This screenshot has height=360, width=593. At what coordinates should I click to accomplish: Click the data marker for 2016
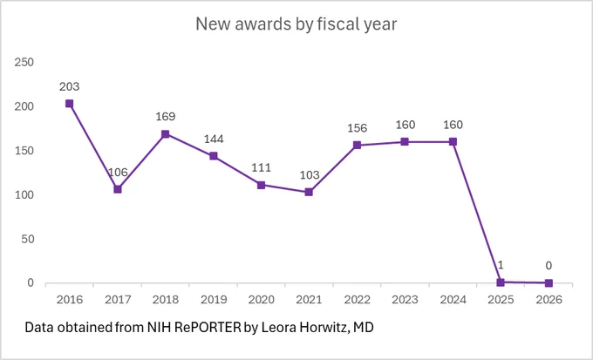pyautogui.click(x=69, y=104)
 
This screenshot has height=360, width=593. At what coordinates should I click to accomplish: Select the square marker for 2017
pyautogui.click(x=118, y=189)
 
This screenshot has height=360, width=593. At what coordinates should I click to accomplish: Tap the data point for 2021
pyautogui.click(x=309, y=192)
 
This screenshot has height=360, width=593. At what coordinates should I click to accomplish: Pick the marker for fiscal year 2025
pyautogui.click(x=501, y=282)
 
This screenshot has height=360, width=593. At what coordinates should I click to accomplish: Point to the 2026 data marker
pyautogui.click(x=549, y=282)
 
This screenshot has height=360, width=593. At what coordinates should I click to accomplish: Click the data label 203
pyautogui.click(x=70, y=86)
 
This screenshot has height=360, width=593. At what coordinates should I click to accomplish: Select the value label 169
pyautogui.click(x=166, y=117)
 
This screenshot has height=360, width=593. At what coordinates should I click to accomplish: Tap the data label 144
pyautogui.click(x=214, y=139)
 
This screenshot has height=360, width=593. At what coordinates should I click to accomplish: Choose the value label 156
pyautogui.click(x=358, y=128)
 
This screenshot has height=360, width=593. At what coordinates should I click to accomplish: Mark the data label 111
pyautogui.click(x=262, y=167)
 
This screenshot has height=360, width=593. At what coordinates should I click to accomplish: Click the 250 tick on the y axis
pyautogui.click(x=24, y=62)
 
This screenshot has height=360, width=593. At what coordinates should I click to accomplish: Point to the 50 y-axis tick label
pyautogui.click(x=28, y=239)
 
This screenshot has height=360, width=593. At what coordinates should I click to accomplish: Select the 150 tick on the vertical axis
pyautogui.click(x=24, y=151)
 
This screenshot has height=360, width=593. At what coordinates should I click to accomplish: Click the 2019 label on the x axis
pyautogui.click(x=214, y=300)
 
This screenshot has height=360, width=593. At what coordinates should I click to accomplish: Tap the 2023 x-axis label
pyautogui.click(x=405, y=300)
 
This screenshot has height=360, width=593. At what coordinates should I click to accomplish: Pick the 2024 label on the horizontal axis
pyautogui.click(x=453, y=300)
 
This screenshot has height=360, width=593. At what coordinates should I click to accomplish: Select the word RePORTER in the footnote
pyautogui.click(x=208, y=327)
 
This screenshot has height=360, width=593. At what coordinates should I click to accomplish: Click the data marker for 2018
pyautogui.click(x=166, y=134)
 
